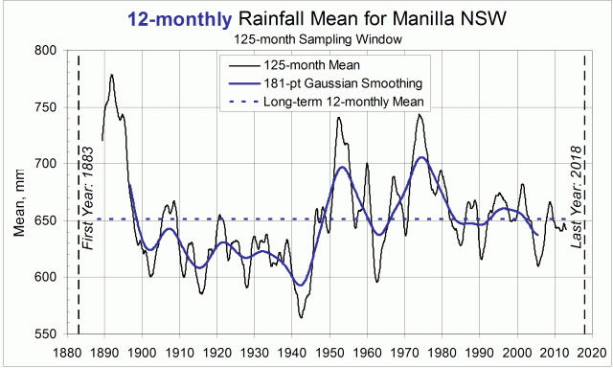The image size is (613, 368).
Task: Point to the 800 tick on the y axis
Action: tap(43, 50)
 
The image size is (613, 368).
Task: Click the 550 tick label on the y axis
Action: tap(43, 335)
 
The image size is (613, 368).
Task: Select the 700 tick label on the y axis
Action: tap(43, 164)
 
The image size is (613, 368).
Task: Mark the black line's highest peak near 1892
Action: tap(112, 75)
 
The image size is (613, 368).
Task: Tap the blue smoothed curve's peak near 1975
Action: tap(421, 157)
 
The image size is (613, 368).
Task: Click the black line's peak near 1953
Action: tap(339, 118)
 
